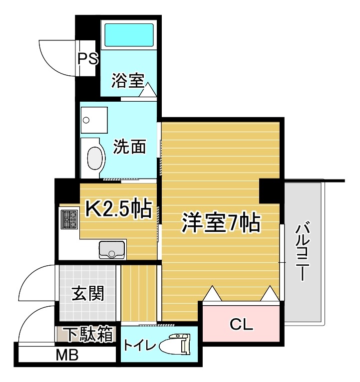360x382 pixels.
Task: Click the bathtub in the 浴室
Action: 128,34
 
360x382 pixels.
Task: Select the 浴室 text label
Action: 127,80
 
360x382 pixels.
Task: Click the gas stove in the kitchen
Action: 69,218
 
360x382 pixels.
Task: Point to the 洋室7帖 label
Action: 220,223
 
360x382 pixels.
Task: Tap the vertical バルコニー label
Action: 301,252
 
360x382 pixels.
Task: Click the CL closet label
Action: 242,325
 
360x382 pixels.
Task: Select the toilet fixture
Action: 176,345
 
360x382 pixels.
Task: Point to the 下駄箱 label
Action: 86,334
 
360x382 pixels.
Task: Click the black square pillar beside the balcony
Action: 271,190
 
